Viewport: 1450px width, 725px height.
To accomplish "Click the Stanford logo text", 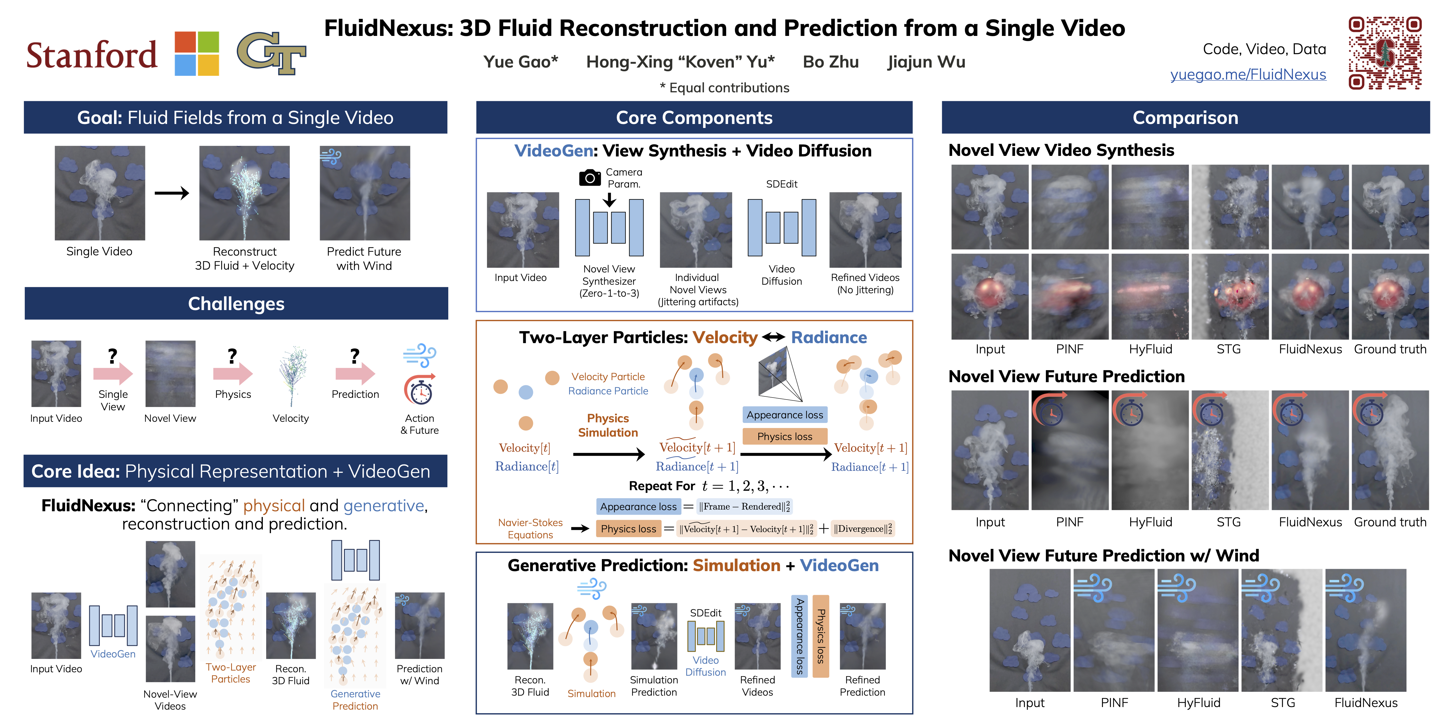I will [x=92, y=55].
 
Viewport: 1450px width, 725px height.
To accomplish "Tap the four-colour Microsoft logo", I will [x=196, y=54].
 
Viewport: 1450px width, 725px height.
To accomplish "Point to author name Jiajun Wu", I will [x=926, y=62].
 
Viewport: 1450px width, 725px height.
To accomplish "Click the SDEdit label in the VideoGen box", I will [x=781, y=184].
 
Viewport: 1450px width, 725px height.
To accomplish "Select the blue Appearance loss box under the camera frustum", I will [x=785, y=415].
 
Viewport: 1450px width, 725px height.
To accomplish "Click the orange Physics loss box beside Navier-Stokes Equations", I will [x=628, y=529].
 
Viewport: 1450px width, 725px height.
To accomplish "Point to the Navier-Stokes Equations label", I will [x=530, y=529].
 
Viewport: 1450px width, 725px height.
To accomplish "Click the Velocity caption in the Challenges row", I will [x=290, y=418].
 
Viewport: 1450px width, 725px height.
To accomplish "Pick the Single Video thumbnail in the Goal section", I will [x=100, y=193].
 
